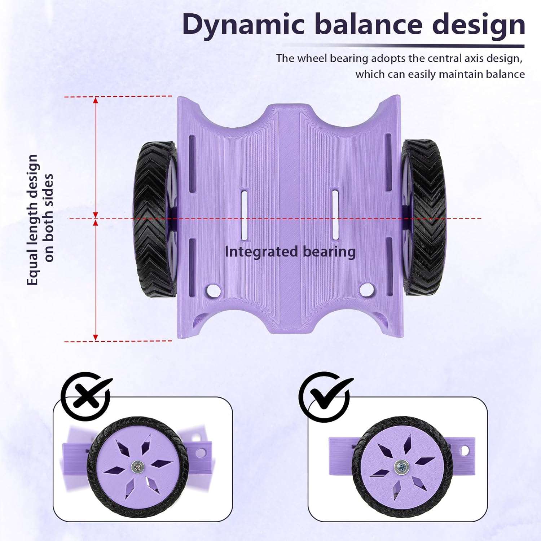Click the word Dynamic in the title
pyautogui.click(x=244, y=25)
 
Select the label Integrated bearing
pyautogui.click(x=290, y=252)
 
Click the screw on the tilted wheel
pyautogui.click(x=137, y=467)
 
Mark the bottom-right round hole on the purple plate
pyautogui.click(x=367, y=289)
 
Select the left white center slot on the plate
pyautogui.click(x=245, y=215)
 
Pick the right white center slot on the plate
pyautogui.click(x=335, y=215)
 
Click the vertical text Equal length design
pyautogui.click(x=32, y=220)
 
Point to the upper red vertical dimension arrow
pyautogui.click(x=96, y=157)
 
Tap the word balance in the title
pyautogui.click(x=368, y=25)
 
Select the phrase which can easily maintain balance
pyautogui.click(x=440, y=74)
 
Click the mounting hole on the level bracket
pyautogui.click(x=465, y=450)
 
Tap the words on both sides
pyautogui.click(x=49, y=218)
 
